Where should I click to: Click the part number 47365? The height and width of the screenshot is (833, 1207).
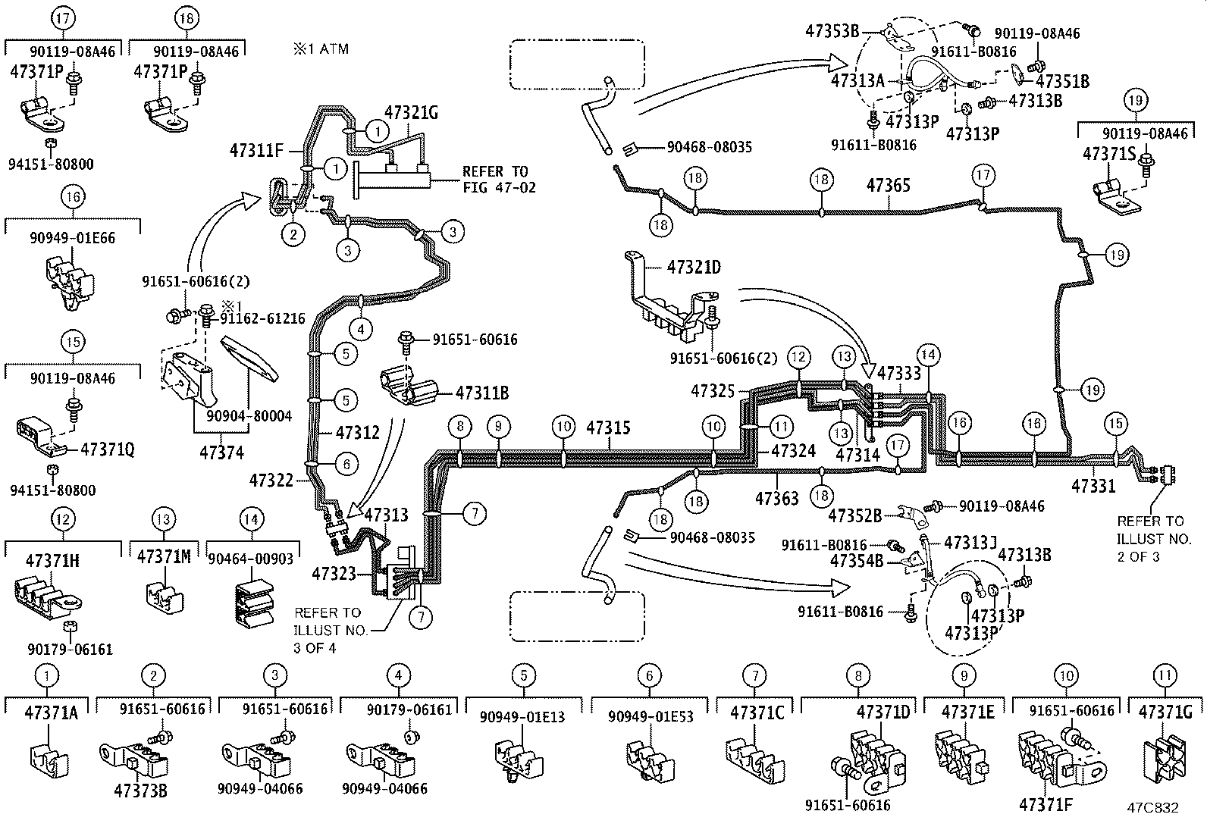pyautogui.click(x=889, y=185)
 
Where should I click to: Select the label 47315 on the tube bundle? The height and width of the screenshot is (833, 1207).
pyautogui.click(x=608, y=427)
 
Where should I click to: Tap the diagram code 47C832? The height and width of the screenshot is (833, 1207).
pyautogui.click(x=1152, y=808)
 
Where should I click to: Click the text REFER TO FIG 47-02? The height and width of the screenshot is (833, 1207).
pyautogui.click(x=498, y=179)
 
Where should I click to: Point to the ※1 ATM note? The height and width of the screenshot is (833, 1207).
pyautogui.click(x=321, y=49)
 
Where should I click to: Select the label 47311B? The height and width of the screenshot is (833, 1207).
pyautogui.click(x=481, y=393)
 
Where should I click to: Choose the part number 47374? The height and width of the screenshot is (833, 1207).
pyautogui.click(x=221, y=453)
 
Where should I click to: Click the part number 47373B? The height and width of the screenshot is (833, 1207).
pyautogui.click(x=140, y=791)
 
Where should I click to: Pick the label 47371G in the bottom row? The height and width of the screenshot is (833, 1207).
pyautogui.click(x=1165, y=712)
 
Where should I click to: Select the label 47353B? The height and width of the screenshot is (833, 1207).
pyautogui.click(x=832, y=31)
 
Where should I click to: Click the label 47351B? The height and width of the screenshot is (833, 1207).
pyautogui.click(x=1061, y=82)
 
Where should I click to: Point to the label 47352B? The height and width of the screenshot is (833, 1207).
pyautogui.click(x=854, y=516)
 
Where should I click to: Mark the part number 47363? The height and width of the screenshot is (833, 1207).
pyautogui.click(x=776, y=498)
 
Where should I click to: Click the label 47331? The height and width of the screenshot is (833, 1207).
pyautogui.click(x=1093, y=485)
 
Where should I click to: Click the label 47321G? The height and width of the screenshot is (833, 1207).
pyautogui.click(x=411, y=112)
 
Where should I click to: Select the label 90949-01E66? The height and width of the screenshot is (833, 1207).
pyautogui.click(x=73, y=238)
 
